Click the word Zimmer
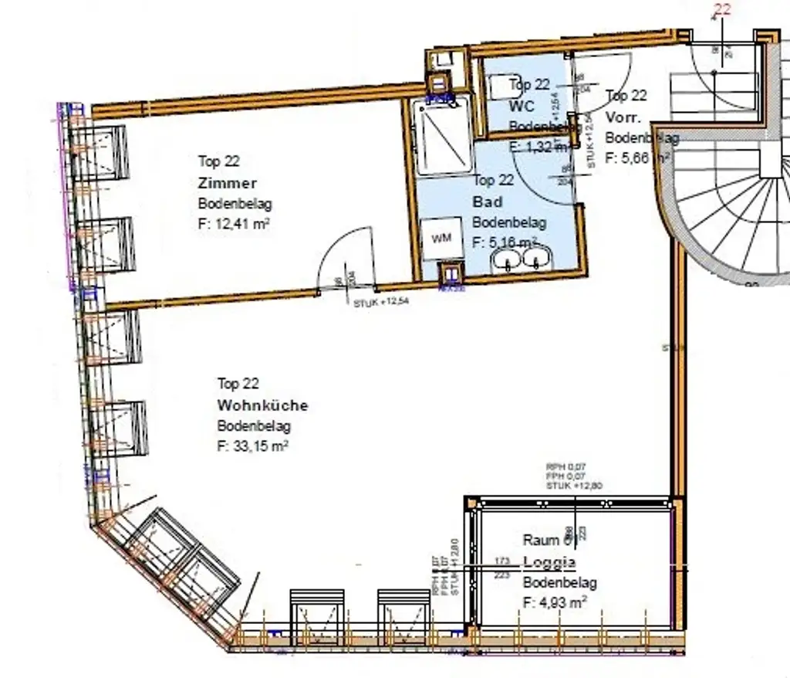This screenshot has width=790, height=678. [227, 184]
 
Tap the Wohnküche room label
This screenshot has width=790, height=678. [262, 405]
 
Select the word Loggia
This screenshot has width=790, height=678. [549, 562]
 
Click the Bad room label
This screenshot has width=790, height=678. [488, 202]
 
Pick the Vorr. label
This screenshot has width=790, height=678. [621, 117]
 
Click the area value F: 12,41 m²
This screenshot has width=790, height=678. [234, 225]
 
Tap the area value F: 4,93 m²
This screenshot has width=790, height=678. [555, 602]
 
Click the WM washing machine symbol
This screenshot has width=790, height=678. [441, 239]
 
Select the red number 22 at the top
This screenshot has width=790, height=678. [723, 9]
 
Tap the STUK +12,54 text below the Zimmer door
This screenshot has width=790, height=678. [381, 302]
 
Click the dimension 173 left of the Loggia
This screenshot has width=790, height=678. [503, 560]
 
